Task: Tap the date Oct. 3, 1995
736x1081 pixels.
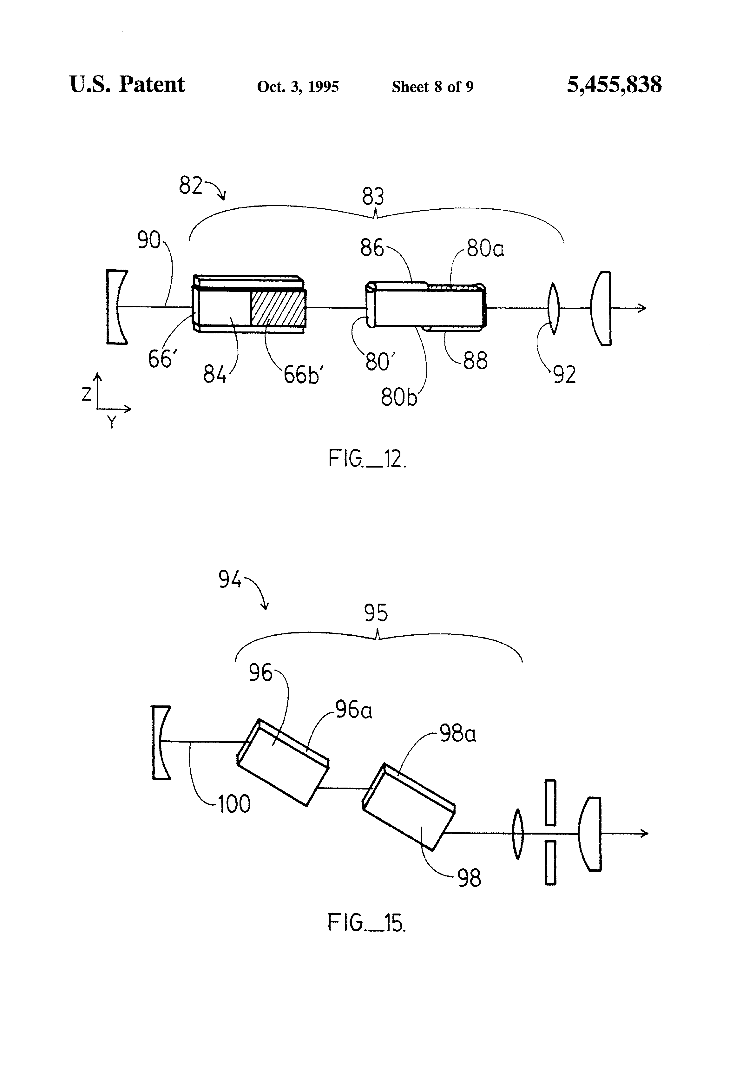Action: tap(298, 87)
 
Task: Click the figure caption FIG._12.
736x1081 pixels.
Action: tap(367, 459)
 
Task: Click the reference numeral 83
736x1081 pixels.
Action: tap(373, 196)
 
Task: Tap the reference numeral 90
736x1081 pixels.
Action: tap(148, 240)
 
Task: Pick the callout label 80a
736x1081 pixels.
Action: tap(485, 248)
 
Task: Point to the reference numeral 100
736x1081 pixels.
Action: tap(234, 804)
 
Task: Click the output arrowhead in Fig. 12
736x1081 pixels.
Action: tap(642, 308)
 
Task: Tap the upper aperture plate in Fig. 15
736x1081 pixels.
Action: tap(550, 803)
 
